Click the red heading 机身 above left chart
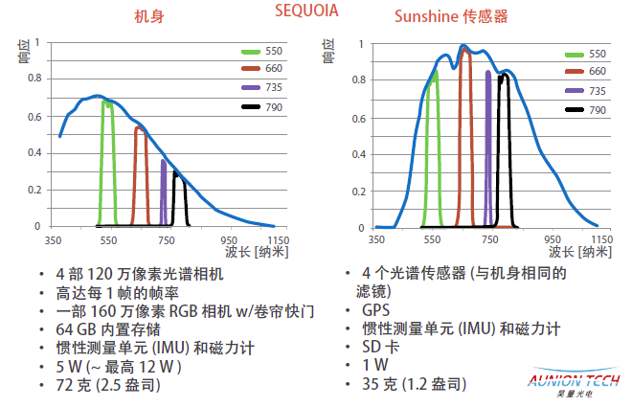click(147, 16)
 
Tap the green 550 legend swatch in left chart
click(251, 51)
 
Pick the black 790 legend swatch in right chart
click(576, 111)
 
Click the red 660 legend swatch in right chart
click(576, 72)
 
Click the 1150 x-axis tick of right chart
click(600, 239)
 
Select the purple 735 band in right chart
click(488, 144)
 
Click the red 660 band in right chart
click(466, 134)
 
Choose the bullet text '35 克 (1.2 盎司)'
click(415, 384)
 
